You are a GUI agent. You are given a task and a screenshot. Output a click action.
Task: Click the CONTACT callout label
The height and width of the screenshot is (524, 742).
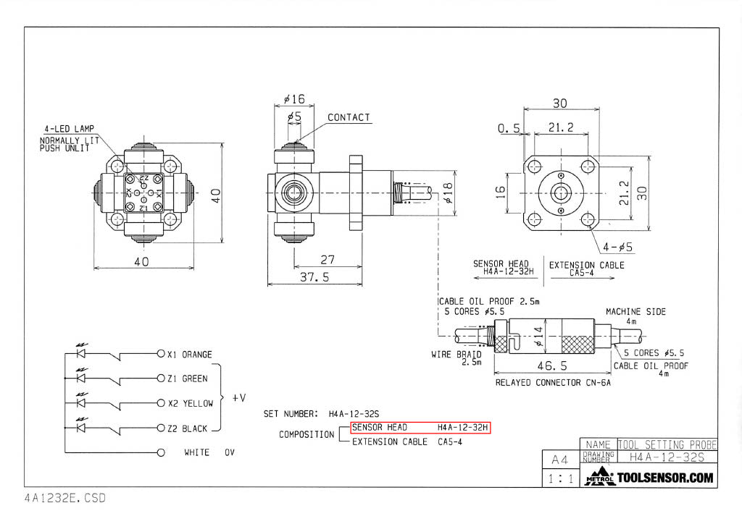pos(349,117)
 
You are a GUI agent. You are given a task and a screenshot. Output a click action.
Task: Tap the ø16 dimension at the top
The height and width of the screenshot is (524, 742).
pos(293,99)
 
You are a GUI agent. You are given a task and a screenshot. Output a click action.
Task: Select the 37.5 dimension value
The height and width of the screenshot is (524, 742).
pos(315,276)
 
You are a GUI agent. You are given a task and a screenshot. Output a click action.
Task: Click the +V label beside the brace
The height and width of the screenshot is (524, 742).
pos(238,398)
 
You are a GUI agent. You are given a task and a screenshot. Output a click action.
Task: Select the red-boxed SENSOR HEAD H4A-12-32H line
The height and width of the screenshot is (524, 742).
pos(420,428)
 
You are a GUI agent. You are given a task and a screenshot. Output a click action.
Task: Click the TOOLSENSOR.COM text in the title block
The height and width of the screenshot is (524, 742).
pos(664,478)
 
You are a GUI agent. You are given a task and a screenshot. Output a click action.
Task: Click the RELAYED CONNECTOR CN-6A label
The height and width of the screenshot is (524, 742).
pos(553,382)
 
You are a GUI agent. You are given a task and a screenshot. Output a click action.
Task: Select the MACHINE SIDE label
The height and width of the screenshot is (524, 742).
pos(635,312)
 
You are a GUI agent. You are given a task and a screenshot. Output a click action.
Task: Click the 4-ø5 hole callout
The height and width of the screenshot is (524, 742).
pos(617,247)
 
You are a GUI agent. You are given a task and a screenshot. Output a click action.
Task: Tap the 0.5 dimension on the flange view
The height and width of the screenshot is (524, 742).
pos(509,128)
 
